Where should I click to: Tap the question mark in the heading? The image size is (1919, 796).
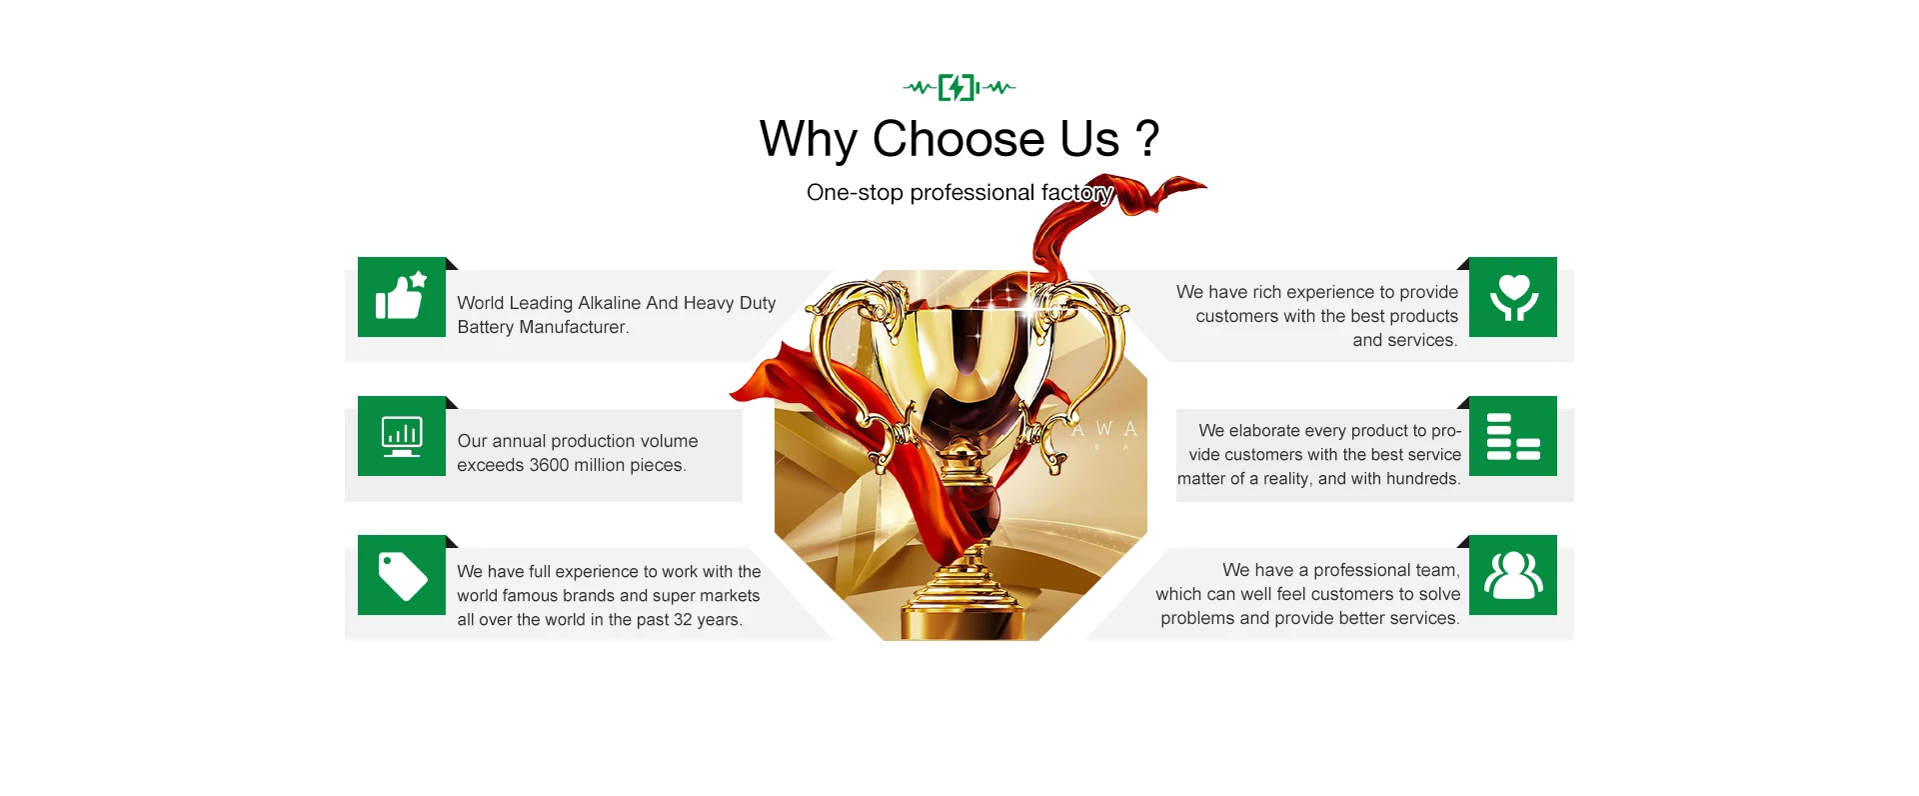click(x=1147, y=138)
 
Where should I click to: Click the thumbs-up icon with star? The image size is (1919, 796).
click(x=402, y=296)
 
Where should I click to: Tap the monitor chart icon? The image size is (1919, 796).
click(x=402, y=436)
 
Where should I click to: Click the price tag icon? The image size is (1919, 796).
click(x=403, y=576)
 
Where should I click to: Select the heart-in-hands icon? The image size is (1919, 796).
click(x=1513, y=297)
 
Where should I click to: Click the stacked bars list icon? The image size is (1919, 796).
click(x=1513, y=436)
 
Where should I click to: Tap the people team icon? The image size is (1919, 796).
click(x=1513, y=575)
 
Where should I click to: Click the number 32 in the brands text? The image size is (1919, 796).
click(x=683, y=620)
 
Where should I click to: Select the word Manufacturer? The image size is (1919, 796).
click(x=574, y=327)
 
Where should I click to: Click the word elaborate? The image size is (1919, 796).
click(x=1264, y=430)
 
